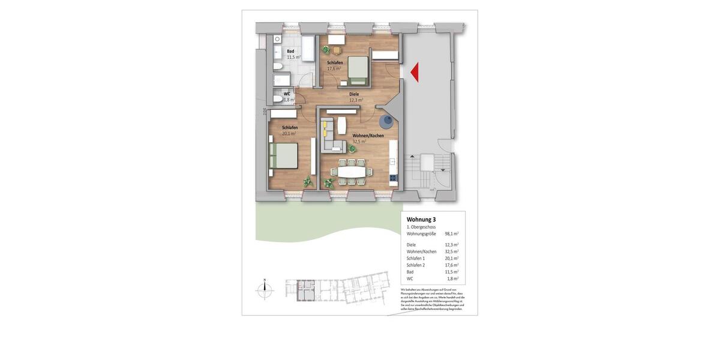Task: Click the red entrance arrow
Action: (x=415, y=73)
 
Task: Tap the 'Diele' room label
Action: (x=354, y=94)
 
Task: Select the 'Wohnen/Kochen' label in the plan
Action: (x=368, y=136)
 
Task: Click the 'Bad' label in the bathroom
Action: (x=290, y=52)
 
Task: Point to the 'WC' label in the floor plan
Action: (x=287, y=94)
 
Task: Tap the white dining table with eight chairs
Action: (x=350, y=172)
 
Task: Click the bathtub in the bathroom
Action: (x=308, y=49)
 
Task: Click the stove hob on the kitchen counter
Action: (x=393, y=177)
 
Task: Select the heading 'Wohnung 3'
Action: (x=421, y=220)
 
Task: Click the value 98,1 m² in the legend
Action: (x=451, y=234)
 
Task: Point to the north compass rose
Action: (x=264, y=290)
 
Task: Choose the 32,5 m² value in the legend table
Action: (x=451, y=251)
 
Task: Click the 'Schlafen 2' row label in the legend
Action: (x=416, y=265)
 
